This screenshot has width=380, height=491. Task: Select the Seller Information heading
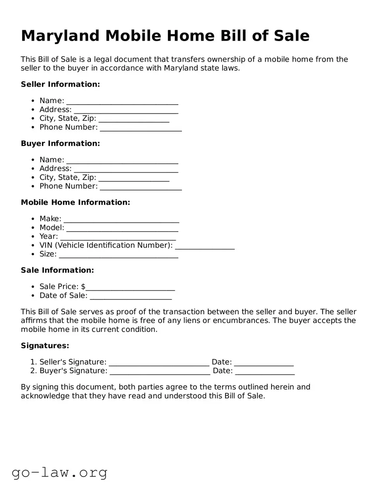pyautogui.click(x=60, y=84)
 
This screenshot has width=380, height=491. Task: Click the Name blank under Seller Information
pyautogui.click(x=122, y=101)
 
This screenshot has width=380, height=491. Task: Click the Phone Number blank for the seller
pyautogui.click(x=140, y=128)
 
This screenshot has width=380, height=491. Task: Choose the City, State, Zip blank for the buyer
pyautogui.click(x=134, y=178)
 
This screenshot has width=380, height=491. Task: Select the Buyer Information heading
pyautogui.click(x=60, y=143)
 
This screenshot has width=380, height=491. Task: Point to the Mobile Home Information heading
pyautogui.click(x=75, y=202)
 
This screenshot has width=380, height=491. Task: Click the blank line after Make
pyautogui.click(x=121, y=219)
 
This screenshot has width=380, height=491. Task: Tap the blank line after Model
pyautogui.click(x=122, y=228)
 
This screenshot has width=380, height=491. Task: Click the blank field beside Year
pyautogui.click(x=118, y=237)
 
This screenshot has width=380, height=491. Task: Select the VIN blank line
pyautogui.click(x=205, y=246)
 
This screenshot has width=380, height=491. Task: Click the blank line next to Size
pyautogui.click(x=119, y=255)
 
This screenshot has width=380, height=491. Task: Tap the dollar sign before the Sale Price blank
pyautogui.click(x=83, y=287)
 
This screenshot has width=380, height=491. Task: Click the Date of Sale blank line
pyautogui.click(x=130, y=296)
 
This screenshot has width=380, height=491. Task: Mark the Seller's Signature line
pyautogui.click(x=159, y=363)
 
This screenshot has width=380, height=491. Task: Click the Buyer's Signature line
pyautogui.click(x=160, y=371)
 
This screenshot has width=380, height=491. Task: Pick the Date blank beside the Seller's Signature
pyautogui.click(x=264, y=363)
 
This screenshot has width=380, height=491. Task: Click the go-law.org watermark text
pyautogui.click(x=59, y=473)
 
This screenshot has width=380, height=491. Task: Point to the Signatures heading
pyautogui.click(x=45, y=346)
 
